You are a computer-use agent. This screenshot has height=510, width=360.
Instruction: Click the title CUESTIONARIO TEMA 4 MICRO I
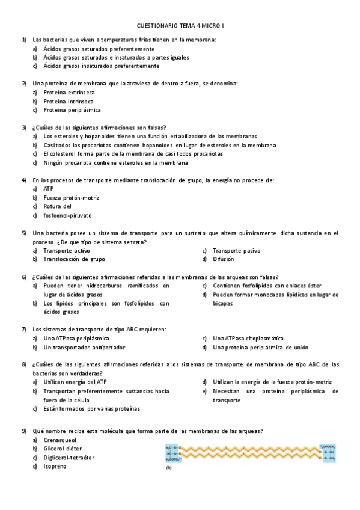180,26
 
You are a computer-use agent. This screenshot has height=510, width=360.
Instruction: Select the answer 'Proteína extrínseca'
69,93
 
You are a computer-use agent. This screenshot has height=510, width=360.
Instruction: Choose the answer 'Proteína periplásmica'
72,110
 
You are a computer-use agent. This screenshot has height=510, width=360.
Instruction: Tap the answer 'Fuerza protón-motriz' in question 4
72,198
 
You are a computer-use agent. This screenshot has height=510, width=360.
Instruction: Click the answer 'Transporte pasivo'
236,250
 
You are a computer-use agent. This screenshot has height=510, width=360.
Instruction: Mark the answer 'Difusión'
223,259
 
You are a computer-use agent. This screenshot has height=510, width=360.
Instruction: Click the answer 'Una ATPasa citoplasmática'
248,339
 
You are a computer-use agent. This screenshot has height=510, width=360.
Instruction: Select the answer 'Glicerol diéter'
63,449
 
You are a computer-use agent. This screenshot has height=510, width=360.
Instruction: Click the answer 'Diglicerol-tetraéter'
69,458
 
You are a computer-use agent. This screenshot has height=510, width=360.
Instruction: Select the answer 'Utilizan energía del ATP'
75,382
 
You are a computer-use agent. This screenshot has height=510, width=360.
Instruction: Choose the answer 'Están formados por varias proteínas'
91,408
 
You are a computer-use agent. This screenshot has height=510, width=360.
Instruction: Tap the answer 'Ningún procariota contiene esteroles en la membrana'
115,162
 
